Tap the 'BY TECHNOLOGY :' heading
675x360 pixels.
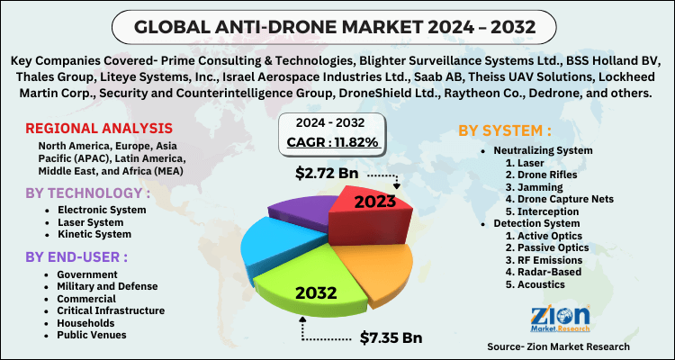coord(85,193)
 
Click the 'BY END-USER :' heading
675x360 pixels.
coord(76,256)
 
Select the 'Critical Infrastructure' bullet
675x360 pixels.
coord(110,310)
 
